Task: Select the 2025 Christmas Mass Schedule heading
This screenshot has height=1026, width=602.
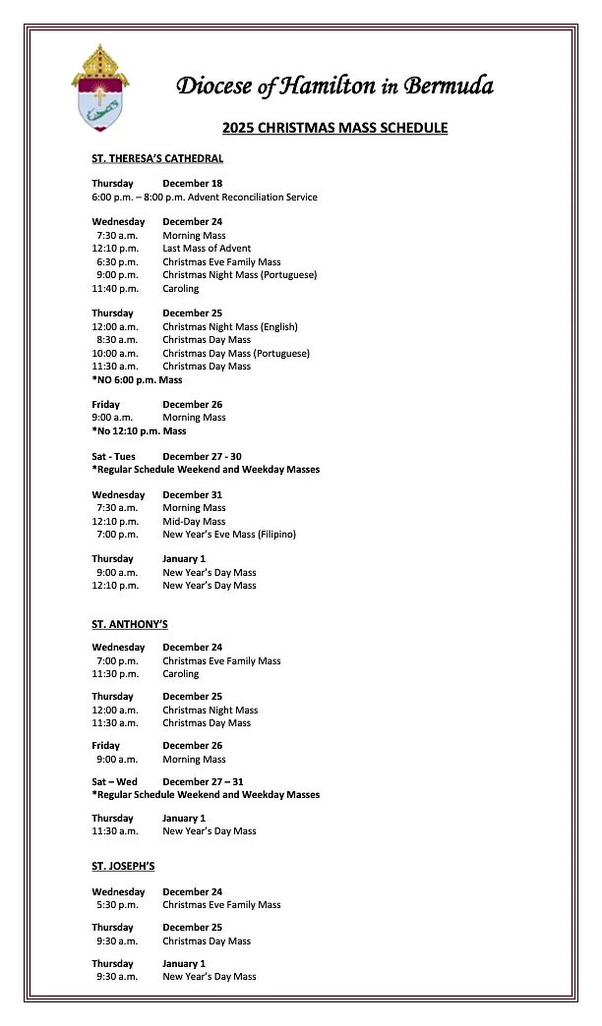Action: [334, 128]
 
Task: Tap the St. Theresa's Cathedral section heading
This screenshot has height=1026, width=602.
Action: [157, 158]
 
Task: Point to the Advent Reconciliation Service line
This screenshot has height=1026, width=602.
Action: [205, 197]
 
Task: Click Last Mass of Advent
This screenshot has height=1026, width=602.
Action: [207, 249]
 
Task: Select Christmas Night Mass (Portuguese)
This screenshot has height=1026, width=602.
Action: [240, 275]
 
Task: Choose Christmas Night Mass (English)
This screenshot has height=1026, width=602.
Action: [230, 326]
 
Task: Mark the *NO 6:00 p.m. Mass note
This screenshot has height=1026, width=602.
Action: [137, 379]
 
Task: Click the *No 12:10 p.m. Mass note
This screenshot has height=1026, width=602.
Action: [139, 430]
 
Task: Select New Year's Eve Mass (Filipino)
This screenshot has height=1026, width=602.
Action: [229, 535]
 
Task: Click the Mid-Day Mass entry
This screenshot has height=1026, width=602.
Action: [194, 522]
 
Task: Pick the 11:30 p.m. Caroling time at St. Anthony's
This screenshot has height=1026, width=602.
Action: [115, 674]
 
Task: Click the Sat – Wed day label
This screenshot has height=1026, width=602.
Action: [114, 781]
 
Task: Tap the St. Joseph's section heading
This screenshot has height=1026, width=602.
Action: [123, 866]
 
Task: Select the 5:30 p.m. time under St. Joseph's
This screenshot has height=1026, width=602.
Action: [117, 905]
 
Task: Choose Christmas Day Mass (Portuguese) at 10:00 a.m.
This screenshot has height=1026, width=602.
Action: [236, 353]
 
